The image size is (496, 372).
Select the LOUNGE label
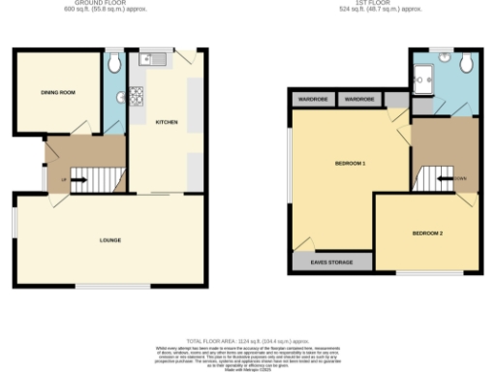click(109, 239)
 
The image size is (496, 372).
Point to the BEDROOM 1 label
click(350, 163)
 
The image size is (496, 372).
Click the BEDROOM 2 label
click(427, 233)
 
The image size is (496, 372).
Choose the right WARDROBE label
click(359, 99)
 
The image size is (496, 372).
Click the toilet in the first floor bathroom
click(466, 64)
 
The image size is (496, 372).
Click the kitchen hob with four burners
click(138, 96)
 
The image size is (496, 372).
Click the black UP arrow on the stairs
click(80, 179)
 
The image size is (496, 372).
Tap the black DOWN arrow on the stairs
click(447, 179)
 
